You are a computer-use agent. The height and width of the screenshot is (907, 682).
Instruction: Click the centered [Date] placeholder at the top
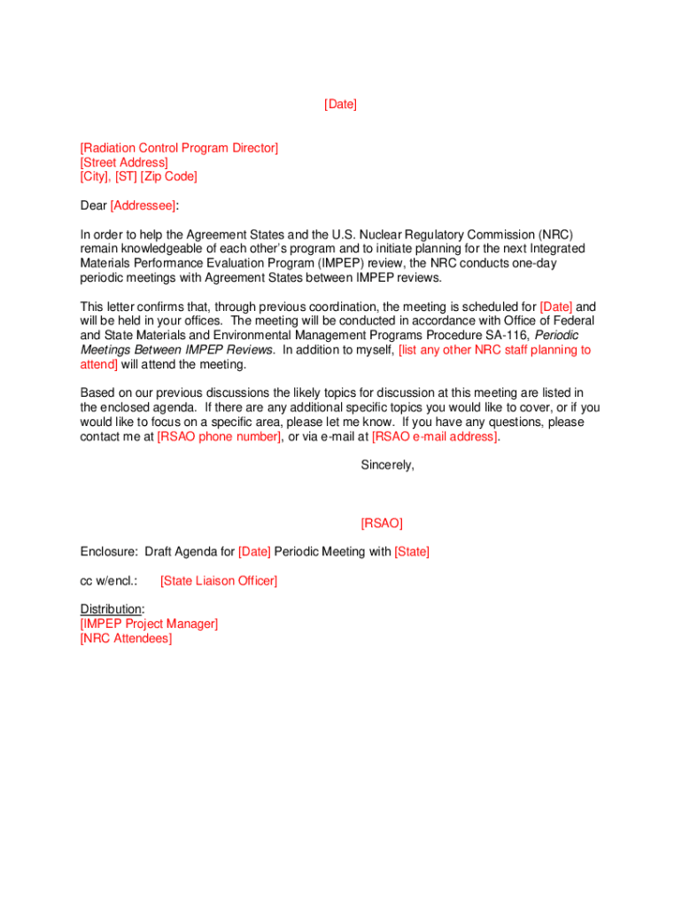[x=340, y=105]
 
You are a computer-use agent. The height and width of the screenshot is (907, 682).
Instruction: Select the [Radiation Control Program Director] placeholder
[x=179, y=148]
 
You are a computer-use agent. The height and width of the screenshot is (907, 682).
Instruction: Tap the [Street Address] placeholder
[x=124, y=162]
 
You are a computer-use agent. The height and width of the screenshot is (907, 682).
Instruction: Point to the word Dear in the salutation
[x=93, y=205]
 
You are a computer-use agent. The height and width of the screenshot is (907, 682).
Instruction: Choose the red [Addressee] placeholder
[x=143, y=205]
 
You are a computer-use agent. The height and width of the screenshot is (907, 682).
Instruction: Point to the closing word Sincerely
[x=387, y=465]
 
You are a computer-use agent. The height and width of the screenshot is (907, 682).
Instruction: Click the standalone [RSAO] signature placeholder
[x=382, y=523]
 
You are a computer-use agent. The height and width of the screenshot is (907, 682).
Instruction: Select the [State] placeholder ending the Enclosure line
[x=412, y=552]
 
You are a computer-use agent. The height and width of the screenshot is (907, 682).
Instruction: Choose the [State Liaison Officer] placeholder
[x=219, y=581]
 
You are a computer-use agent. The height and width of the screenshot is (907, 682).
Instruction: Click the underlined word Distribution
[x=111, y=609]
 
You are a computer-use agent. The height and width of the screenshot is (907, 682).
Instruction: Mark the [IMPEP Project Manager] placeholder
[x=149, y=624]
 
